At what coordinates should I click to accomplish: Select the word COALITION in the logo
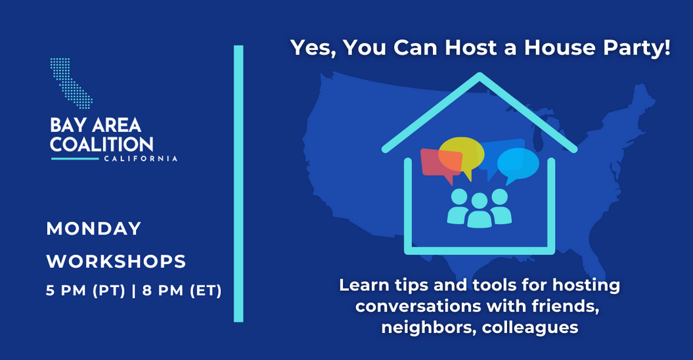(x=102, y=145)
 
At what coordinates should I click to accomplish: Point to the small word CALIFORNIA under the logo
(x=141, y=158)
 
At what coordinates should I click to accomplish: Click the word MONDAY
(x=94, y=229)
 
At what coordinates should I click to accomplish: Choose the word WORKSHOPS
(x=116, y=261)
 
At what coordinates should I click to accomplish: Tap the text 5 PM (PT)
(x=85, y=290)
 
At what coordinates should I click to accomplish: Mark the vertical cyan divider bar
(x=238, y=184)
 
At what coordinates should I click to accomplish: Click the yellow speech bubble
(x=461, y=152)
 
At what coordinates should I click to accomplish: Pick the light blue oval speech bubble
(x=518, y=163)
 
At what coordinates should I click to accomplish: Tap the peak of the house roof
(x=480, y=77)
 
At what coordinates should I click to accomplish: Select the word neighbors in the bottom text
(x=428, y=327)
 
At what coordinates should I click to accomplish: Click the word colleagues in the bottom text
(x=530, y=327)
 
